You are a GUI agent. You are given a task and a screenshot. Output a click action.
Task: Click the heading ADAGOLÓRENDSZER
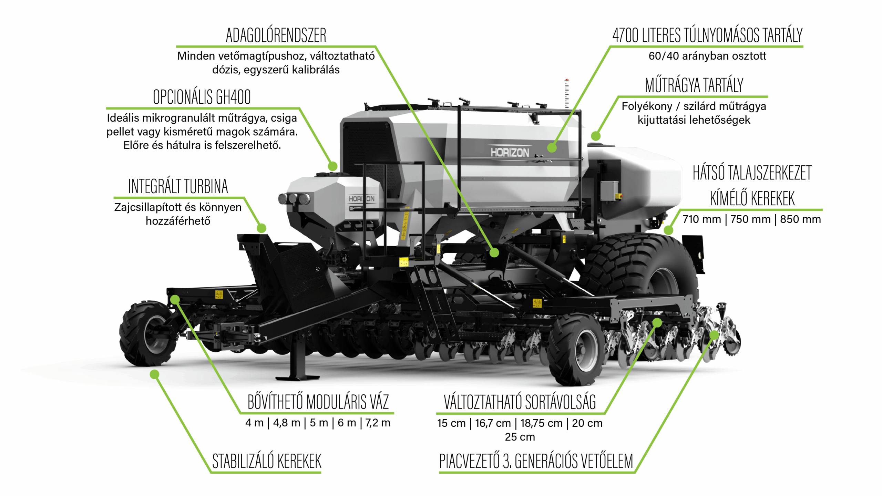click(x=276, y=35)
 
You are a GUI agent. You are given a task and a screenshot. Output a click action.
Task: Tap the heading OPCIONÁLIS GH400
click(x=202, y=97)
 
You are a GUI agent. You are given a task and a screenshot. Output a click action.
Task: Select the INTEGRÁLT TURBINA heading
click(x=178, y=186)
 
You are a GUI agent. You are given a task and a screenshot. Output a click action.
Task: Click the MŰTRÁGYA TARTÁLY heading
click(x=694, y=85)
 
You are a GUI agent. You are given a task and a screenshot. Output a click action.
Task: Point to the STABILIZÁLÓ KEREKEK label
click(x=267, y=462)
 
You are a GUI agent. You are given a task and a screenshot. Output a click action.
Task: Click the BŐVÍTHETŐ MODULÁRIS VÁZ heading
click(x=318, y=402)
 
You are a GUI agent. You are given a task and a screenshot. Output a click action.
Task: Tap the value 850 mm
click(x=800, y=219)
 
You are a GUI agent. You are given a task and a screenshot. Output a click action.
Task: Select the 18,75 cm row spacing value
click(x=541, y=423)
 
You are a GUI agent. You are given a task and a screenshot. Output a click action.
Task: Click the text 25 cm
click(x=520, y=437)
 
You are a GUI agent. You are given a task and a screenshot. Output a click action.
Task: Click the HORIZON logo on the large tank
click(x=510, y=152)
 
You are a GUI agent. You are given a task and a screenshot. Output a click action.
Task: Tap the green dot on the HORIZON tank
click(x=552, y=148)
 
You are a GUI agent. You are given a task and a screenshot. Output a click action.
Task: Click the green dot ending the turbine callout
click(x=261, y=228)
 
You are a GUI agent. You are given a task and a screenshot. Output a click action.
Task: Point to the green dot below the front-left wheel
click(x=155, y=374)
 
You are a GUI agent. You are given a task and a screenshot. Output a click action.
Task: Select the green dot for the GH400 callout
click(x=332, y=166)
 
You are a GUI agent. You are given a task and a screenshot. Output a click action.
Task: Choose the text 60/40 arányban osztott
click(x=707, y=56)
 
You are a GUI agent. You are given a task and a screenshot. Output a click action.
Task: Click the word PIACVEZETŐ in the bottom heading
click(x=469, y=462)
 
